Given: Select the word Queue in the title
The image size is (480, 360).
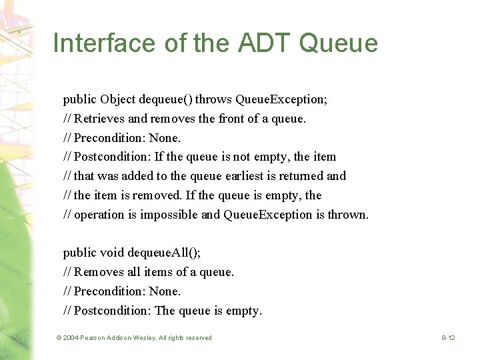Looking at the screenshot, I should [x=339, y=43].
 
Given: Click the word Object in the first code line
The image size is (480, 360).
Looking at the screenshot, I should [x=118, y=99].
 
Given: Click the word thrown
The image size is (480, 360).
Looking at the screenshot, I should [x=347, y=215].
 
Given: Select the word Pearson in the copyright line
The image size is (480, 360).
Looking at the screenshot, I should [x=96, y=338].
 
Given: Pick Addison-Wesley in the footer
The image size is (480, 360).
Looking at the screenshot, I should [x=137, y=338].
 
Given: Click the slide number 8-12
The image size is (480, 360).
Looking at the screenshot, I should [x=448, y=338].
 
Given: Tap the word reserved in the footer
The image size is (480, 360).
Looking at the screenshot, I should [x=197, y=338].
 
